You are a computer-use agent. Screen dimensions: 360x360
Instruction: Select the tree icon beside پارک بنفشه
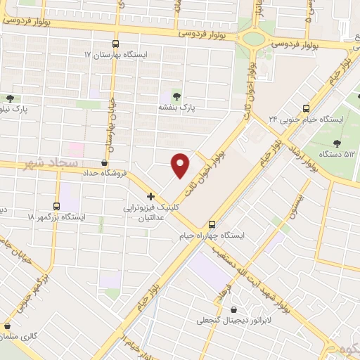(x=175, y=96)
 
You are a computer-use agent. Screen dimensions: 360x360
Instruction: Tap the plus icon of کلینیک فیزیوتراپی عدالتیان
(x=150, y=196)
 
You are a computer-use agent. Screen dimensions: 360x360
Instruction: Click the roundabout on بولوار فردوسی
(x=252, y=39)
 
